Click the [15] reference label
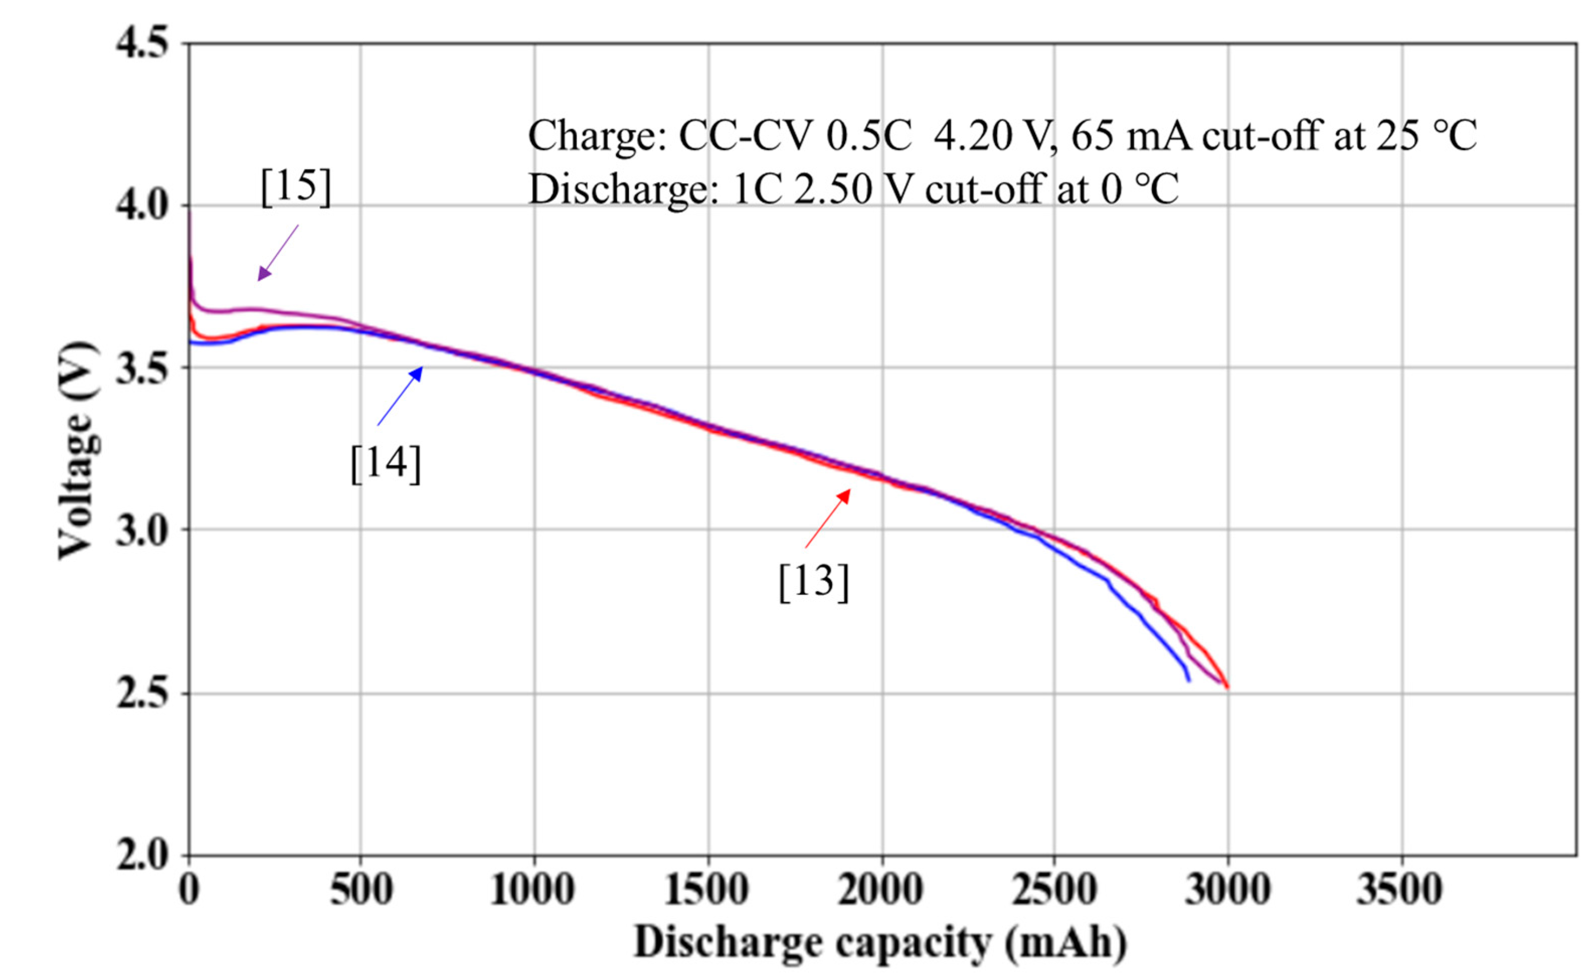pyautogui.click(x=295, y=187)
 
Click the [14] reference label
pyautogui.click(x=385, y=463)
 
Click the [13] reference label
pyautogui.click(x=813, y=581)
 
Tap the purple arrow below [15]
pyautogui.click(x=278, y=252)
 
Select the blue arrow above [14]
pyautogui.click(x=400, y=396)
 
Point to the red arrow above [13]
pyautogui.click(x=827, y=519)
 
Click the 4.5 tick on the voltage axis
pyautogui.click(x=142, y=44)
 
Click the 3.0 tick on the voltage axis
pyautogui.click(x=142, y=530)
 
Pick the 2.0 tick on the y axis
pyautogui.click(x=142, y=855)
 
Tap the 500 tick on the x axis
pyautogui.click(x=360, y=890)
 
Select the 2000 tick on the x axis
pyautogui.click(x=881, y=890)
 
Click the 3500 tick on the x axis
pyautogui.click(x=1401, y=890)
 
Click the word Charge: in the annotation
pyautogui.click(x=597, y=137)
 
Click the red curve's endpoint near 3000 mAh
pyautogui.click(x=1228, y=687)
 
